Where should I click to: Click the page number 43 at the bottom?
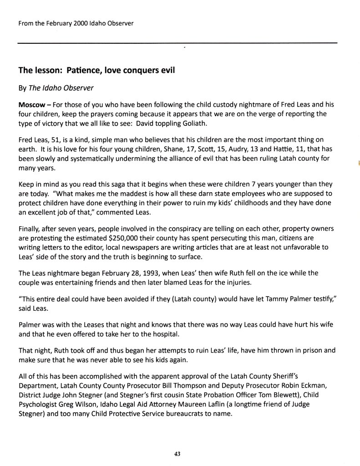[177, 453]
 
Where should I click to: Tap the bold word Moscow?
[32, 104]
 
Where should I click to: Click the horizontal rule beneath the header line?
[177, 42]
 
